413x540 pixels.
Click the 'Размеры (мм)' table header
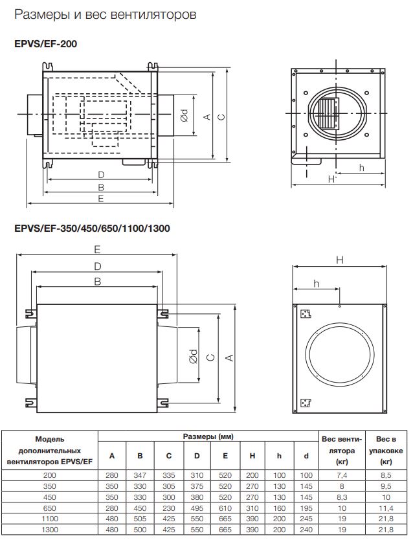coord(208,437)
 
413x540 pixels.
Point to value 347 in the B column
coord(140,475)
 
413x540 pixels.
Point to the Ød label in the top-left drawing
coord(184,117)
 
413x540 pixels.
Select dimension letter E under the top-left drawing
coord(101,199)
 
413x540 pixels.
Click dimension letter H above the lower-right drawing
coord(339,260)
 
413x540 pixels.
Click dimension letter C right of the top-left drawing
coord(221,117)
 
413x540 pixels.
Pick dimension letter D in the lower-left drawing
coord(97,266)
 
